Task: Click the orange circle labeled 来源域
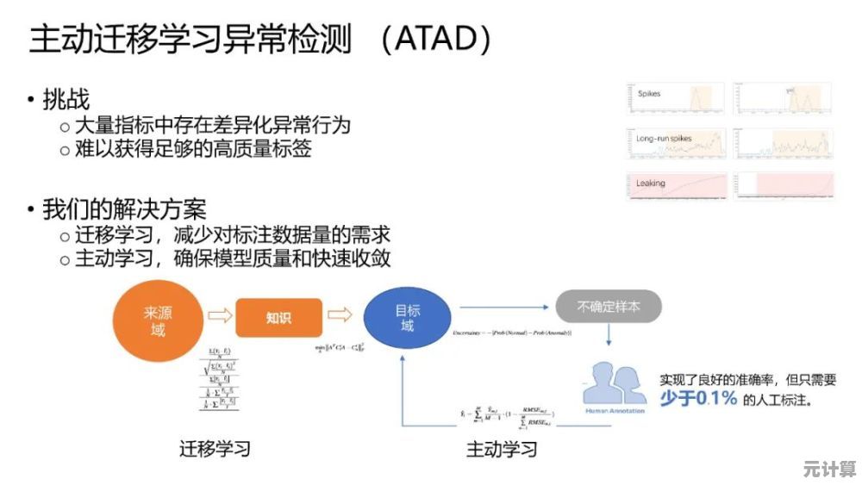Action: point(158,320)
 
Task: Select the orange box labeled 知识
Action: point(278,318)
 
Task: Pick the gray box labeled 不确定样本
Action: point(609,306)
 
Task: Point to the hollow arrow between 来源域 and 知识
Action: point(220,317)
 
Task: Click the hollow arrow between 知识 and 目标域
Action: point(340,315)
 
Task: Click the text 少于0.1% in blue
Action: point(698,398)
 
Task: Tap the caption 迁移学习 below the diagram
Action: point(215,449)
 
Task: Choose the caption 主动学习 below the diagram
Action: point(502,449)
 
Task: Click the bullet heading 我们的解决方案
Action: point(124,209)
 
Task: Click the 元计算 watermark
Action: point(828,469)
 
